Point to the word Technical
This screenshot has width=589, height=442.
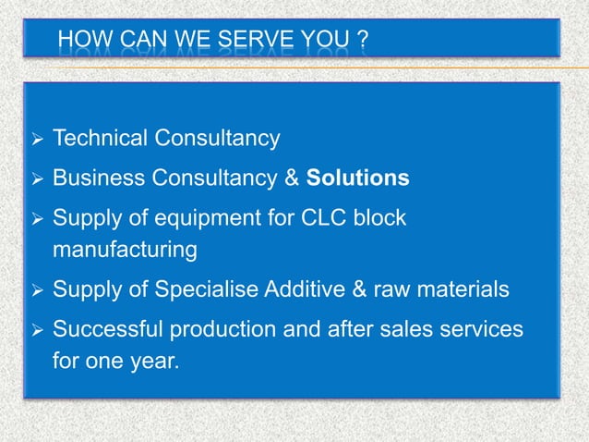[x=101, y=139]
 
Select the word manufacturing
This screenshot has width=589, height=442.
[x=125, y=249]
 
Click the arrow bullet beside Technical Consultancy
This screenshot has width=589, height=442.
[x=34, y=140]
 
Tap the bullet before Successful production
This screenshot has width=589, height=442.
[x=34, y=331]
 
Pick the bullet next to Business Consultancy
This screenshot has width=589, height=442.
[x=34, y=178]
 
